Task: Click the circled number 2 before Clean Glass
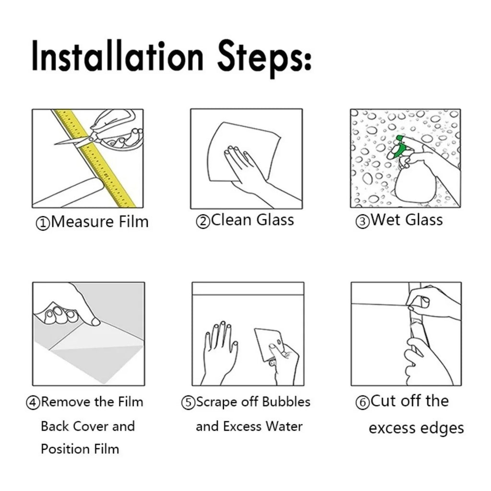point(203,222)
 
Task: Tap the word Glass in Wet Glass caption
point(424,221)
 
